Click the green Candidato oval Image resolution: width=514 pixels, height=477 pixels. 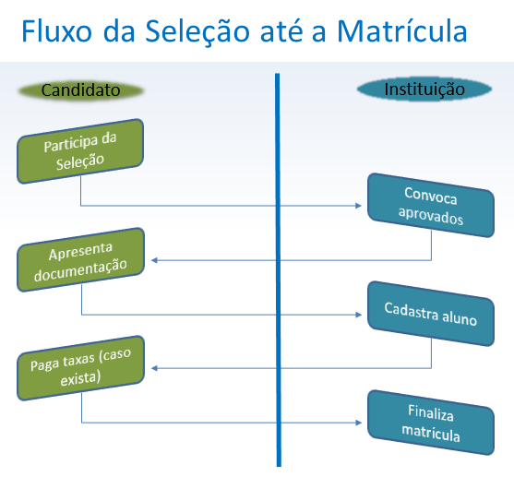click(81, 90)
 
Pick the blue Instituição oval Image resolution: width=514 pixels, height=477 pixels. click(424, 89)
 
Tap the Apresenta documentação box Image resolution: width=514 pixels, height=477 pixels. click(80, 260)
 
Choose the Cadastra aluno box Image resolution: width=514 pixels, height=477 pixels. click(430, 315)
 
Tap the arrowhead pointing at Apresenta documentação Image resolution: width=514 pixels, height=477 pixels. click(154, 260)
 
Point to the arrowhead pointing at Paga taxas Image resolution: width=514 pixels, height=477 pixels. click(154, 369)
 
